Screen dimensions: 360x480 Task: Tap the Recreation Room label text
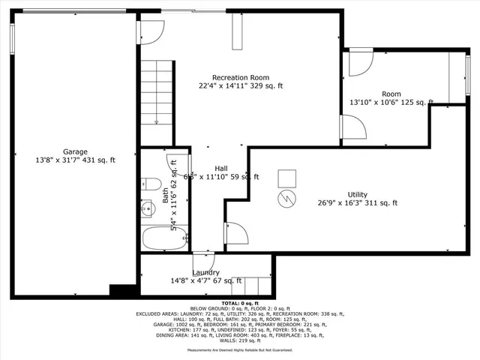point(240,77)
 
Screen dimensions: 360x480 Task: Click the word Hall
point(221,168)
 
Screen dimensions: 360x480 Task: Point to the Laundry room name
point(205,272)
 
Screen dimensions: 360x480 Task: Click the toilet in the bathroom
point(150,184)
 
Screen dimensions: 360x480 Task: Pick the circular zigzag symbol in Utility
point(286,198)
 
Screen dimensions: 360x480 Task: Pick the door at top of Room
point(358,63)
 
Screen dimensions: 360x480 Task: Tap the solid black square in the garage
point(120,290)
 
